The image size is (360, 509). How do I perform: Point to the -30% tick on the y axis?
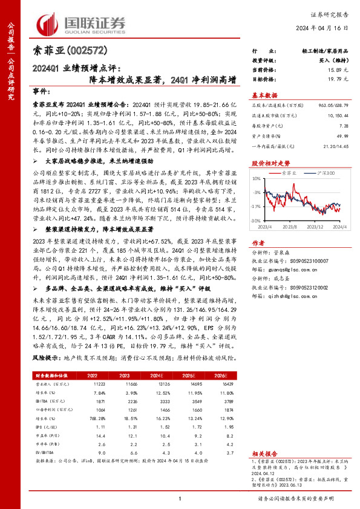[x=257, y=221]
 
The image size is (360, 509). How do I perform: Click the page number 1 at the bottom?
[x=180, y=498]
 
